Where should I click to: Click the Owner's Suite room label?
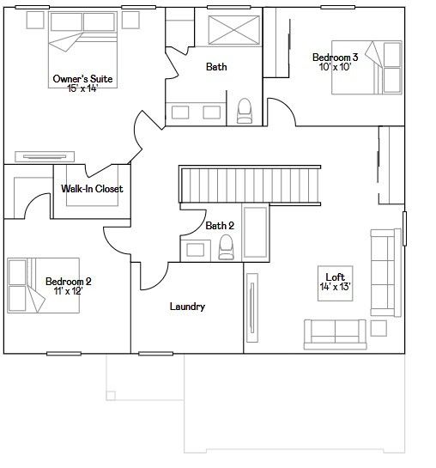tap(82, 79)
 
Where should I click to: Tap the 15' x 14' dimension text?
tap(82, 88)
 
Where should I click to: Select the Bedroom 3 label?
tap(335, 57)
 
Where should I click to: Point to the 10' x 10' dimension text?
tap(335, 67)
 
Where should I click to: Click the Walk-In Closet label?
tap(92, 189)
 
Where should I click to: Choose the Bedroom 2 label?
tap(69, 281)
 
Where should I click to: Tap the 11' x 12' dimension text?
tap(69, 291)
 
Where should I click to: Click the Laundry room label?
tap(187, 307)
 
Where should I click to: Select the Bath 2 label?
tap(220, 226)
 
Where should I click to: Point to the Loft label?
tap(336, 277)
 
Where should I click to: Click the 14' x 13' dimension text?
tap(336, 287)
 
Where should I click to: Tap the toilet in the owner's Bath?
tap(245, 111)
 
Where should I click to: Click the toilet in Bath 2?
tap(226, 246)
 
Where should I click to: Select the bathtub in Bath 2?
tap(255, 232)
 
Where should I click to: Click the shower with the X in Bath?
tap(233, 30)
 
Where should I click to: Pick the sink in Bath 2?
tap(196, 250)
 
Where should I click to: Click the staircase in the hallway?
tap(250, 185)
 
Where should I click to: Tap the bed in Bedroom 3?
tap(366, 68)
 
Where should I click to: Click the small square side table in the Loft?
tap(378, 328)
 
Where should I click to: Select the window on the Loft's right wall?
tap(404, 228)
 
